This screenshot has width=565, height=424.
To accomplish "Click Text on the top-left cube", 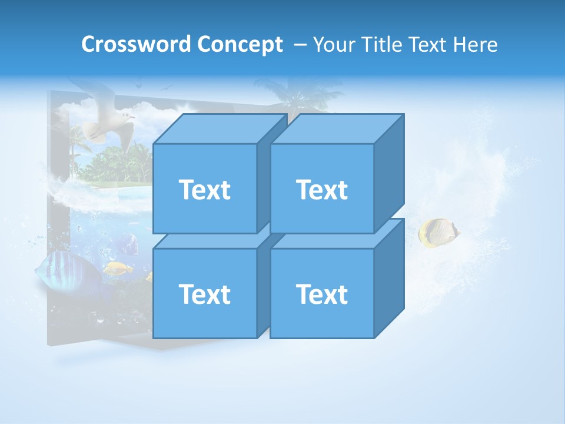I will [x=204, y=190].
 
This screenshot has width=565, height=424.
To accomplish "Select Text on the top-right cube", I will [x=322, y=190].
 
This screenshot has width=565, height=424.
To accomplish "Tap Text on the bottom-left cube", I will [x=204, y=294].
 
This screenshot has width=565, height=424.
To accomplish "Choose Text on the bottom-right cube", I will [x=322, y=294].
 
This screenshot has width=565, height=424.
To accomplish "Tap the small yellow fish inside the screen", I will [x=118, y=269].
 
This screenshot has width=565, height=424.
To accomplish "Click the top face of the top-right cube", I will [x=337, y=128].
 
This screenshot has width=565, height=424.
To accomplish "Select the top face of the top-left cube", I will [x=220, y=128].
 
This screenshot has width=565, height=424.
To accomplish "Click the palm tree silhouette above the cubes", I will [x=294, y=94].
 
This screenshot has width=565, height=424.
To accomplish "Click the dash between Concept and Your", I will [x=299, y=45].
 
